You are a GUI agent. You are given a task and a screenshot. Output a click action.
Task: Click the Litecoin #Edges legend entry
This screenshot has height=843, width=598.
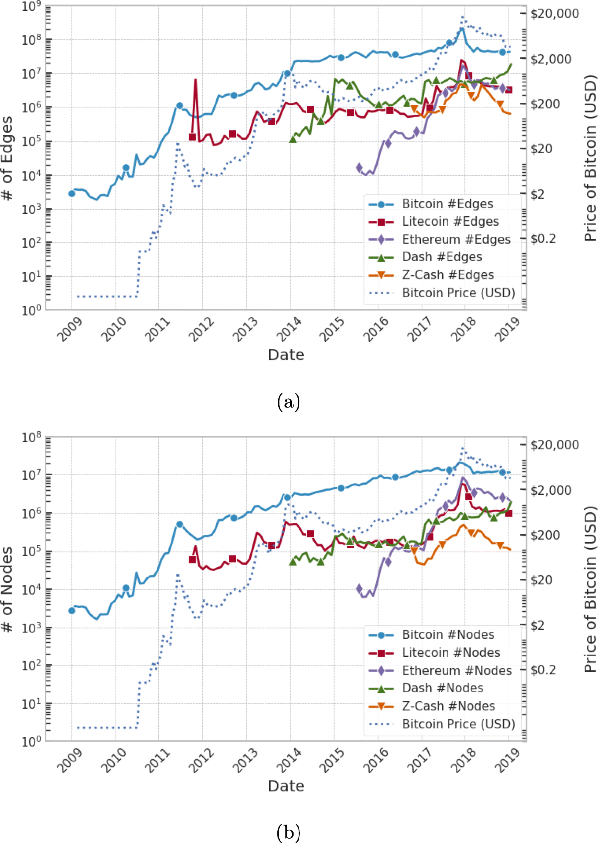tap(450, 221)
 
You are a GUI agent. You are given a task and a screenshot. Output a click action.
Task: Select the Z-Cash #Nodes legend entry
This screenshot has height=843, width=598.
tap(448, 706)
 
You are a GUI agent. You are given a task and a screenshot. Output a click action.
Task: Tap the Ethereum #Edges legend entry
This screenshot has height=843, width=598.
tap(456, 239)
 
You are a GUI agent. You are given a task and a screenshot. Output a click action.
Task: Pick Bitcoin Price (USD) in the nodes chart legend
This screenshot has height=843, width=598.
tap(458, 724)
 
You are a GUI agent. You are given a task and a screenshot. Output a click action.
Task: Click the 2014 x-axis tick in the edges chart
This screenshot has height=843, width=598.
tap(290, 329)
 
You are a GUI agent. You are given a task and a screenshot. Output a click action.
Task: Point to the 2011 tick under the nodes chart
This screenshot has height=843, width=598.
tap(158, 760)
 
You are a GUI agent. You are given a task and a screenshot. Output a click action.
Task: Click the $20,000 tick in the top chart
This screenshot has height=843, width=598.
tap(554, 14)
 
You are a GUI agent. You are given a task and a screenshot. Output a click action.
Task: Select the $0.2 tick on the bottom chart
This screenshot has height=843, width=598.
tap(543, 670)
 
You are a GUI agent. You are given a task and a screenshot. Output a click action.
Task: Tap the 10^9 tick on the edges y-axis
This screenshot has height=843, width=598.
tap(31, 7)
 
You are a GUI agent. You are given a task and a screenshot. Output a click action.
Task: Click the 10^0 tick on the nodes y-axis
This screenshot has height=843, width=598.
tap(31, 741)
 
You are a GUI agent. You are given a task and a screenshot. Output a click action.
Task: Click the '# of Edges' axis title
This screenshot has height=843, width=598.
tap(7, 159)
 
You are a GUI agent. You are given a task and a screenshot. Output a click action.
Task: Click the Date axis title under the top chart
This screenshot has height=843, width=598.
tap(286, 355)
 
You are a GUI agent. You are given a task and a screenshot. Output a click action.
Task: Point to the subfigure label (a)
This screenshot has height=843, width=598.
tap(288, 402)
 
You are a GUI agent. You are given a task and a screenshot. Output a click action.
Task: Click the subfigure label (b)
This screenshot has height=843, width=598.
tap(288, 832)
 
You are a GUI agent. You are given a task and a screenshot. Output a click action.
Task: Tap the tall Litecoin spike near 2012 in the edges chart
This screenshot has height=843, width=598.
tap(195, 80)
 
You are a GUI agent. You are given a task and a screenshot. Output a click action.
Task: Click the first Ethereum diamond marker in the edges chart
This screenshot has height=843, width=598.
tap(359, 168)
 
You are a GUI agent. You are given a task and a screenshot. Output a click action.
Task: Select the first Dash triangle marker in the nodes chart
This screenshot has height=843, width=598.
tap(293, 561)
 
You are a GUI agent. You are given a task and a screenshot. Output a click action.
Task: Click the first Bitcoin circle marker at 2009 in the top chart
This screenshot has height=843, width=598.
tap(72, 193)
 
